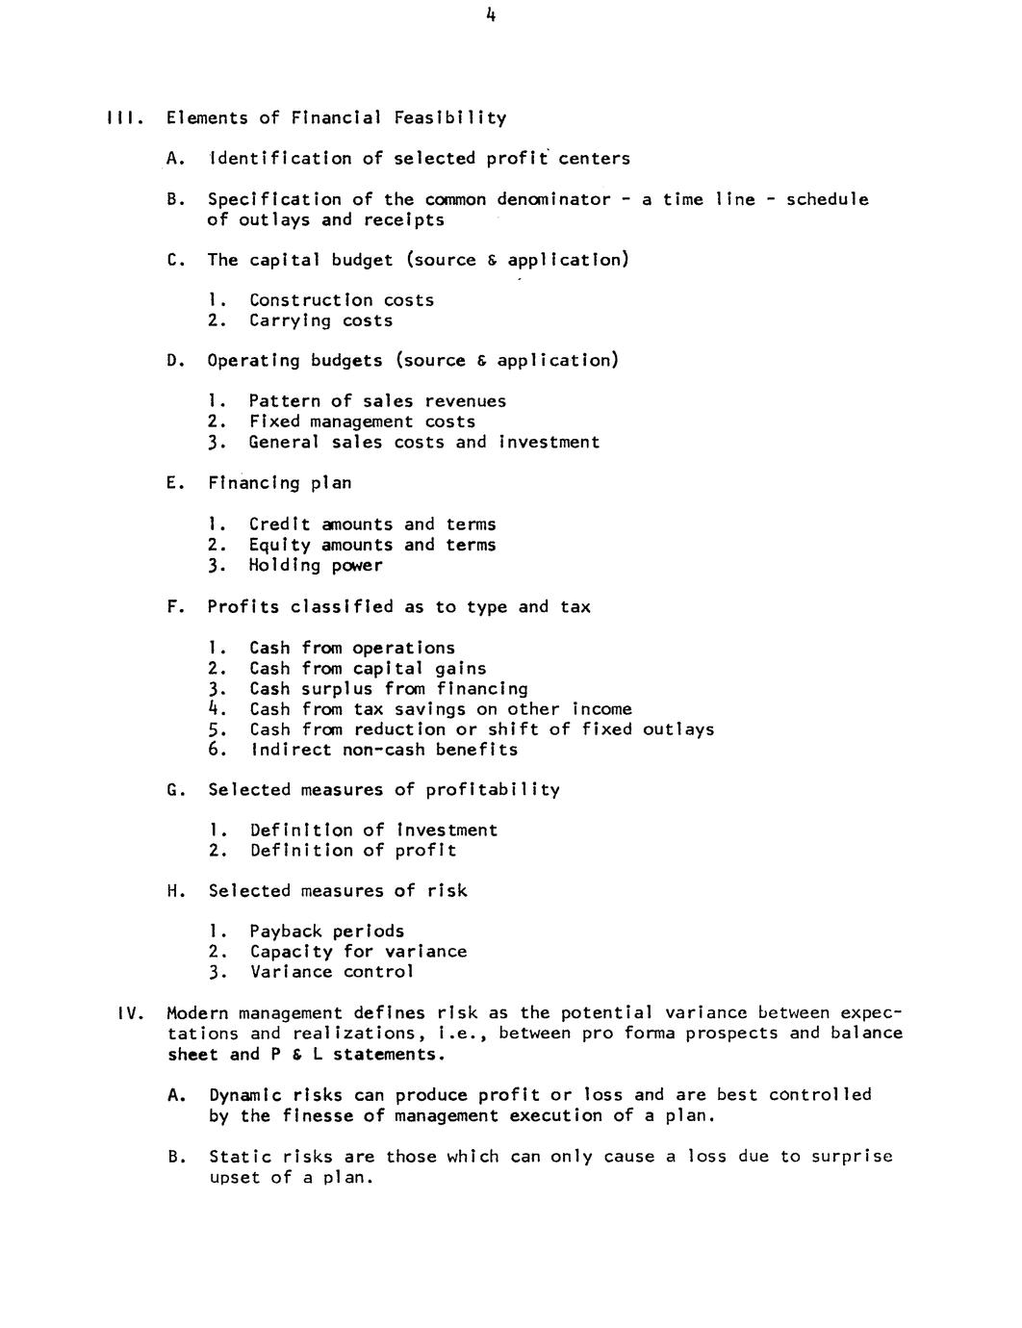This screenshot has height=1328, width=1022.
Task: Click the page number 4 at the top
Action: coord(491,14)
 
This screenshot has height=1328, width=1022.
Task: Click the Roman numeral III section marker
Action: coord(123,118)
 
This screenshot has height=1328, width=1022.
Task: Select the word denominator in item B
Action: coord(553,199)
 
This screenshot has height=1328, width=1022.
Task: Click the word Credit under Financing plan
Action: coord(280,524)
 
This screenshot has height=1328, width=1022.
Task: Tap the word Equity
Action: coord(280,545)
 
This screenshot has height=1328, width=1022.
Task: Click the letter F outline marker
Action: coord(172,607)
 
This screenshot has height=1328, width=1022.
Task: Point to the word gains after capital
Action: coord(460,669)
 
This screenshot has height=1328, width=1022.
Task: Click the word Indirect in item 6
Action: coord(291,750)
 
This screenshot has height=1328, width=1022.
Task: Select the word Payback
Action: coord(286,932)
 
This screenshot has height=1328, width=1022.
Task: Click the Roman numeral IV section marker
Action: coord(129,1013)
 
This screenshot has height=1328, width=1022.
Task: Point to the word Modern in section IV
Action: coord(197,1013)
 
